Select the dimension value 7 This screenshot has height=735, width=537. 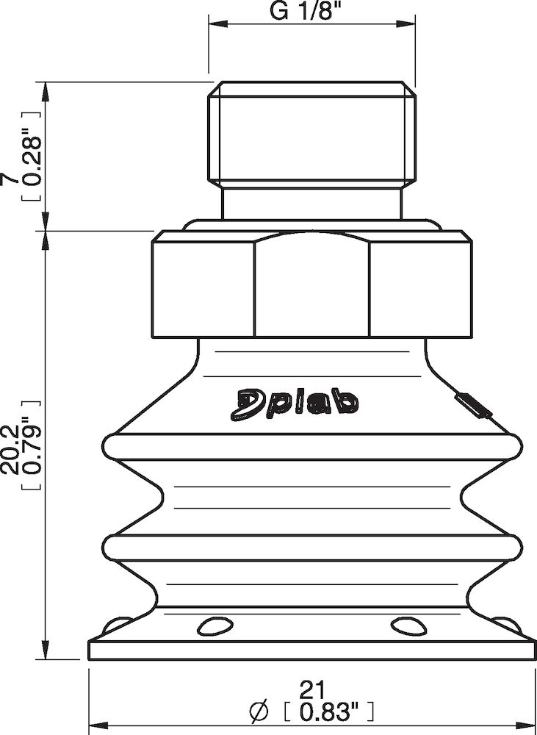10,179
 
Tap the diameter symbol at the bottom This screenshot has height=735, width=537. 258,711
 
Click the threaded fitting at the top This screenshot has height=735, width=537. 311,136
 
